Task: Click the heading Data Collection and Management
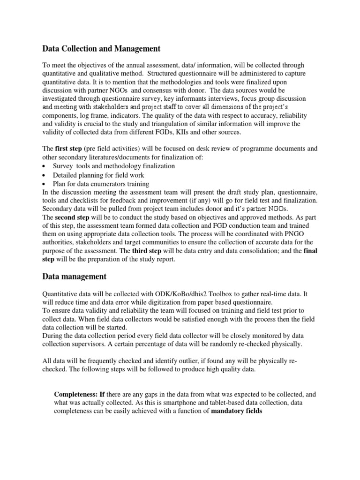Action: pyautogui.click(x=101, y=48)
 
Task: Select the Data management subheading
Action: pyautogui.click(x=75, y=277)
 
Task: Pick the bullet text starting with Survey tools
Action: pyautogui.click(x=114, y=166)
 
